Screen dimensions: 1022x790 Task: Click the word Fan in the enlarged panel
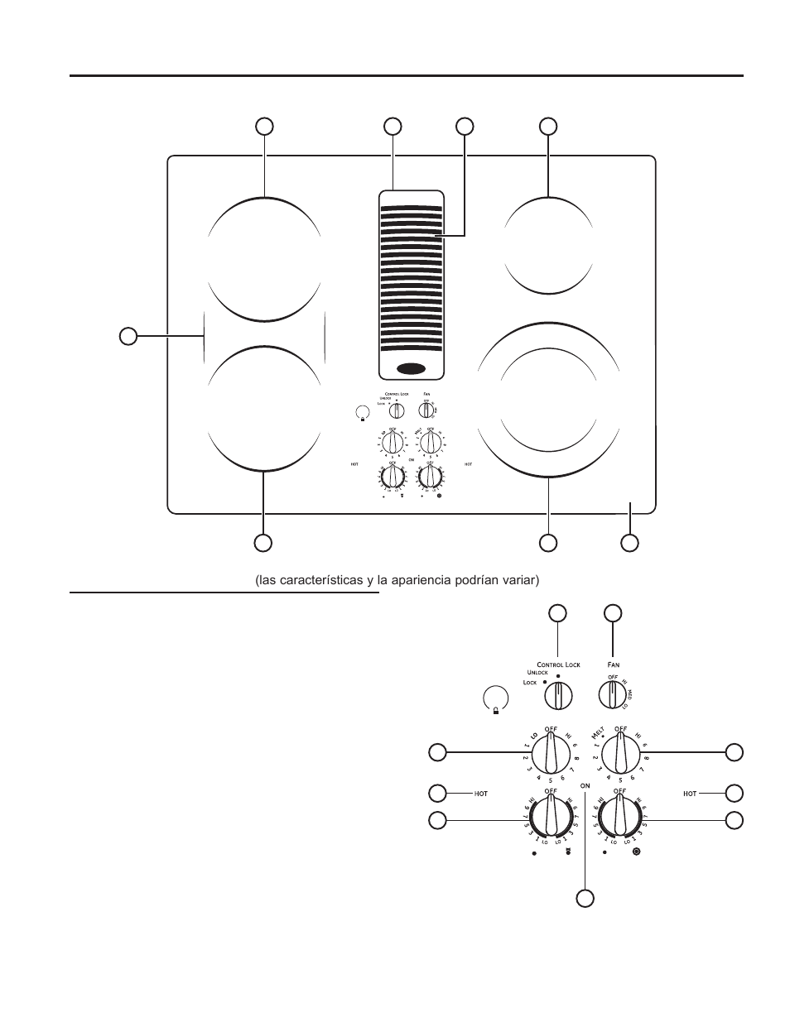pyautogui.click(x=613, y=664)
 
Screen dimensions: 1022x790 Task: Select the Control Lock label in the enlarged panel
pyautogui.click(x=558, y=665)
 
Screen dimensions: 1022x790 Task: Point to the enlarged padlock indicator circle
pyautogui.click(x=494, y=698)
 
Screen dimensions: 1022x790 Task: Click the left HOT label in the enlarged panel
pyautogui.click(x=481, y=794)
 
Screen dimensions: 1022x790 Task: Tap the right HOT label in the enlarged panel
pyautogui.click(x=690, y=794)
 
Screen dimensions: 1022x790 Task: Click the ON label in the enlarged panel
pyautogui.click(x=585, y=784)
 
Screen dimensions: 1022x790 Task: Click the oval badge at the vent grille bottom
pyautogui.click(x=411, y=368)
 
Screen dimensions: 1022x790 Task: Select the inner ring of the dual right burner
pyautogui.click(x=549, y=399)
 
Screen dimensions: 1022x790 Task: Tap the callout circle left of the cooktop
pyautogui.click(x=128, y=335)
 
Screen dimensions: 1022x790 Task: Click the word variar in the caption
pyautogui.click(x=519, y=580)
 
